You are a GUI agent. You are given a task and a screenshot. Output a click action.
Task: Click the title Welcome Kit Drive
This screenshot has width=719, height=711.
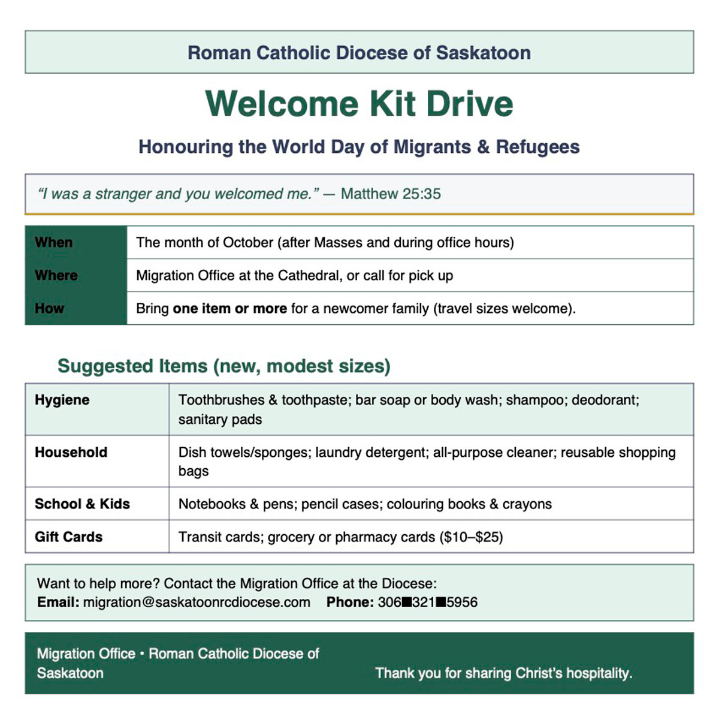click(359, 104)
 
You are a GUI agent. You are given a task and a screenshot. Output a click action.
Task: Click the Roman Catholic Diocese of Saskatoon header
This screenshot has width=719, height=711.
click(359, 53)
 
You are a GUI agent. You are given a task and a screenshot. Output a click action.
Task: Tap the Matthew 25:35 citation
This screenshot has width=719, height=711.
click(391, 194)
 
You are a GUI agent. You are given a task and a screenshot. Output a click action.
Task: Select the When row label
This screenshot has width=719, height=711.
click(54, 242)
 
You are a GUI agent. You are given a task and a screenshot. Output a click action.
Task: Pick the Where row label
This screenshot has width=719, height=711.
click(56, 275)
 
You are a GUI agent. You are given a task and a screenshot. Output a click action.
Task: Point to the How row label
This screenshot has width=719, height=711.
click(49, 308)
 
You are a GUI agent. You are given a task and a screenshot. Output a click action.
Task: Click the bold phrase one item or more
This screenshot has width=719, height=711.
click(229, 308)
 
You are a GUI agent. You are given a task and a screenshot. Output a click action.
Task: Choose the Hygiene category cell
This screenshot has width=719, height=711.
click(62, 400)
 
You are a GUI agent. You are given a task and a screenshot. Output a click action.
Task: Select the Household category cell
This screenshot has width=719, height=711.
click(71, 452)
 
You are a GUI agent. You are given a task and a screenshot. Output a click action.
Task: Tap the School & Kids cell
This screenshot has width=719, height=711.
click(82, 504)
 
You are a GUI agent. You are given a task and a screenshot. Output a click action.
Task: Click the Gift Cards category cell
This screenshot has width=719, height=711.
click(68, 537)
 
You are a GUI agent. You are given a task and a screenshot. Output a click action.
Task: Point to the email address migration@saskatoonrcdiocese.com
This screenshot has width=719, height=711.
click(197, 602)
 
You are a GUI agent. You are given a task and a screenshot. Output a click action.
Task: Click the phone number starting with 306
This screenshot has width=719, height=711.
click(427, 602)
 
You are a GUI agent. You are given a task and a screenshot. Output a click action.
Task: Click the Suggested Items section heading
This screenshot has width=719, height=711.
click(223, 366)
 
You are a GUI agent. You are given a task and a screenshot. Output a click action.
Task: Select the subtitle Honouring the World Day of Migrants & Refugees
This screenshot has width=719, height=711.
click(359, 147)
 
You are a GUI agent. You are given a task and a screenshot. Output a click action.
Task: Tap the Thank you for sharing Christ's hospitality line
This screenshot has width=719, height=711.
click(503, 673)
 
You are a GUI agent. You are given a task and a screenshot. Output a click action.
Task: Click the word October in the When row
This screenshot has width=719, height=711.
click(248, 242)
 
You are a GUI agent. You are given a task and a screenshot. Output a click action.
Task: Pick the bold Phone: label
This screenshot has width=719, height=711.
click(350, 602)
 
